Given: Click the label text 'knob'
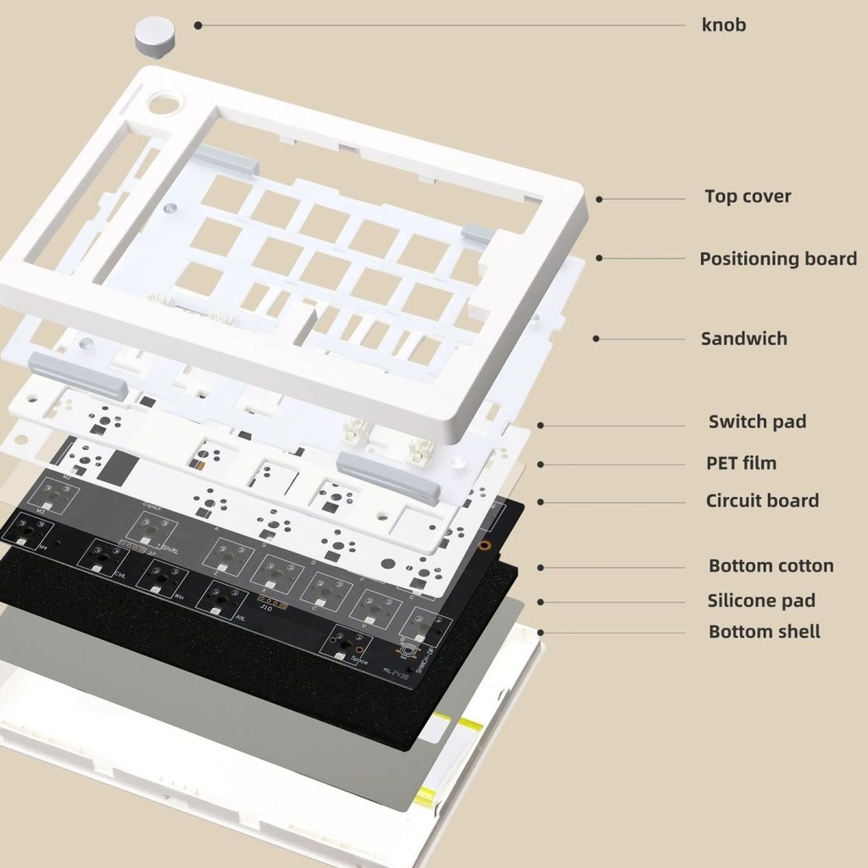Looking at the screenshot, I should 724,25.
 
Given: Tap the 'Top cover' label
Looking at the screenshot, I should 748,197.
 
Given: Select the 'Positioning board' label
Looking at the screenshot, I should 777,259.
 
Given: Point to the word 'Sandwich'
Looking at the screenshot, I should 743,339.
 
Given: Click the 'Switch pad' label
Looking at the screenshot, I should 756,421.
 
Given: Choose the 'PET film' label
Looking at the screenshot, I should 742,463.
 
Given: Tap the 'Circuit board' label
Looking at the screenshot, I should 762,501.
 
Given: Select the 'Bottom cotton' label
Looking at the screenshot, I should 771,565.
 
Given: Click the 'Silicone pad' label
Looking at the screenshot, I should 761,601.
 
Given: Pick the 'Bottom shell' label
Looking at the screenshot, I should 764,632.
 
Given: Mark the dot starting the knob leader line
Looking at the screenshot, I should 198,25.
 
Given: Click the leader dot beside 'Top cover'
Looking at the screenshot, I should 598,199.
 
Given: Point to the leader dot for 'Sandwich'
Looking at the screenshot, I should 596,338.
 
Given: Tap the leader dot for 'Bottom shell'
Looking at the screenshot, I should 541,632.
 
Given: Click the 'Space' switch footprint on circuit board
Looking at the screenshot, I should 345,646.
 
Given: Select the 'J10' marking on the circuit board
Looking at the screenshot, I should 266,607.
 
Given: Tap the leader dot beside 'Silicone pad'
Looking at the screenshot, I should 541,602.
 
